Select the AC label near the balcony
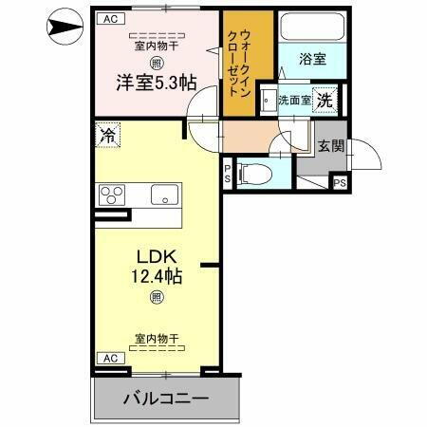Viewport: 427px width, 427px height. (109, 358)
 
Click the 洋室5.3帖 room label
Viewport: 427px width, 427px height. (144, 83)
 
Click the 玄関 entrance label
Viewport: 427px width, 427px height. (330, 146)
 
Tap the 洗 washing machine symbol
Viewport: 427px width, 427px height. (325, 98)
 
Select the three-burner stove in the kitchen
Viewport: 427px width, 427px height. (112, 196)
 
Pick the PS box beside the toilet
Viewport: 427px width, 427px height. (228, 173)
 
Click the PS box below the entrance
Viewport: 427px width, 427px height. (339, 183)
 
